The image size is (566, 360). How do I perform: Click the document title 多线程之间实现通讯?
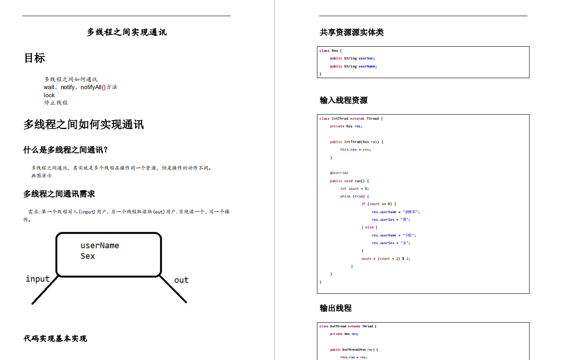[x=126, y=32]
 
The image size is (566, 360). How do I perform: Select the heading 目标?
[x=34, y=58]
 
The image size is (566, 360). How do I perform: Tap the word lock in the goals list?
[x=49, y=95]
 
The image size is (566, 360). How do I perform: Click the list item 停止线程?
[x=56, y=103]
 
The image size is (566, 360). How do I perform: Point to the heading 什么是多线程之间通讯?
[x=66, y=150]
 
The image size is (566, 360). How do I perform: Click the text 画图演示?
[x=42, y=176]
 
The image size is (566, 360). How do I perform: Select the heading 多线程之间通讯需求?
[x=59, y=194]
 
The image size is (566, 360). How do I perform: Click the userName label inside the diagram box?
[x=100, y=245]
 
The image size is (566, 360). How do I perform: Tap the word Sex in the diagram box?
[x=87, y=256]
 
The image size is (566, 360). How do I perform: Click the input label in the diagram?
[x=37, y=279]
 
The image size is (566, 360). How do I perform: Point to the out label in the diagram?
[x=181, y=280]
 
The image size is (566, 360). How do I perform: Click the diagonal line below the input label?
[x=44, y=291]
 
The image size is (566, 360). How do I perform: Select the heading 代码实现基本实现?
[x=55, y=338]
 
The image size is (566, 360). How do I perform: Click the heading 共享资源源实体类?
[x=351, y=32]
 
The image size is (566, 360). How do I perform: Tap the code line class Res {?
[x=331, y=51]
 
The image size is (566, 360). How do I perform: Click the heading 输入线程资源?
[x=343, y=100]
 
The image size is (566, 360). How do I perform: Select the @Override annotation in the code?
[x=339, y=173]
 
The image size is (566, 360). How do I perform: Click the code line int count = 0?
[x=354, y=188]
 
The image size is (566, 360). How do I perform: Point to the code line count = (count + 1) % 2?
[x=386, y=259]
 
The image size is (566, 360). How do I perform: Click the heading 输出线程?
[x=335, y=308]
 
